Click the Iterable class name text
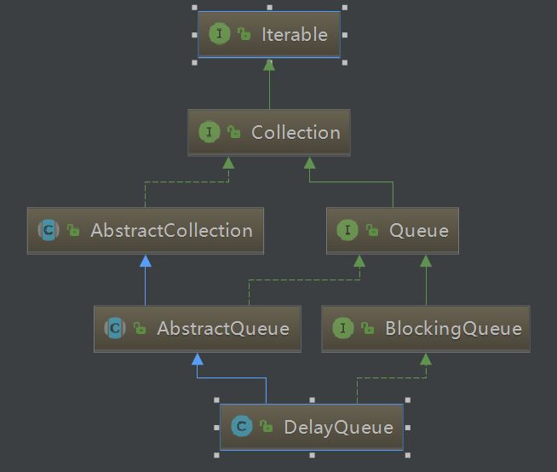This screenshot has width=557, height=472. [294, 35]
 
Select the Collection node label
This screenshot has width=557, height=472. [296, 133]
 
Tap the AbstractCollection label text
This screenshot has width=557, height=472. [171, 231]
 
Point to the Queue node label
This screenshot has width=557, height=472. [418, 231]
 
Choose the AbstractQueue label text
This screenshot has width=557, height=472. [222, 329]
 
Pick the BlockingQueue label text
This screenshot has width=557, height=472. [452, 329]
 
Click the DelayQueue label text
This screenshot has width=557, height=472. [338, 427]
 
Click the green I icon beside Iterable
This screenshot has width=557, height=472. [220, 35]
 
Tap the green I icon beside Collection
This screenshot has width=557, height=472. [209, 133]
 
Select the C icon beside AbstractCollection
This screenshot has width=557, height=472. [48, 231]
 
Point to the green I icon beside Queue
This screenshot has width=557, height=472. [347, 231]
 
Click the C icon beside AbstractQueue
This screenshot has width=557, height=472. [114, 329]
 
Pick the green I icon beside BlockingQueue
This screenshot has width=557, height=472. [342, 329]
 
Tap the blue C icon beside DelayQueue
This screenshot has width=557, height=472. [242, 427]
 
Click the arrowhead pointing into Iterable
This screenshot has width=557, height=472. [269, 65]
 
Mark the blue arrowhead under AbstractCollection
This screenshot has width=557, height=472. [146, 261]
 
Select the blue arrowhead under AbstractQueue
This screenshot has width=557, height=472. [198, 359]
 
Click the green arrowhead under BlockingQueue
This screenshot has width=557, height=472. [425, 359]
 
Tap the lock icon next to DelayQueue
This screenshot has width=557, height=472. [267, 428]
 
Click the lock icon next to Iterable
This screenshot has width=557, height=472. [244, 36]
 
